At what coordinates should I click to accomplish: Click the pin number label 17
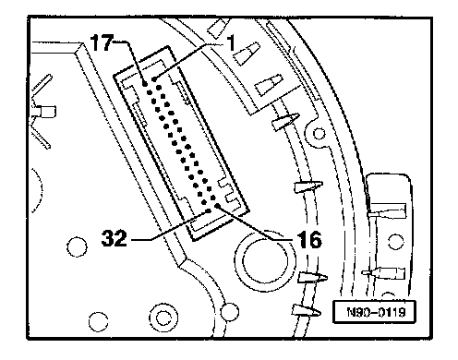102,42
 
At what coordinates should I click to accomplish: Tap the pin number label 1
231,42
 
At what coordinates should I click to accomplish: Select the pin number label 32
114,238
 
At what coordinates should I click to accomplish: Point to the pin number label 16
308,240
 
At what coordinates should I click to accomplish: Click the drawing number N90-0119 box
375,312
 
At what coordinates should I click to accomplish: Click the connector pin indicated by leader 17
145,84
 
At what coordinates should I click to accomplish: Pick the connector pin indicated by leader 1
154,79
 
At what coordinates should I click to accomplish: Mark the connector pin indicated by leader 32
209,211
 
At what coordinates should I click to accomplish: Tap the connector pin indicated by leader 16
217,206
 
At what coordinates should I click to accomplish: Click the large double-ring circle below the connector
265,261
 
